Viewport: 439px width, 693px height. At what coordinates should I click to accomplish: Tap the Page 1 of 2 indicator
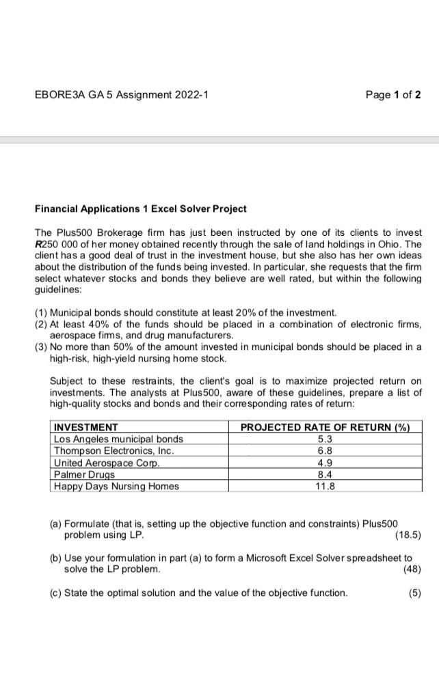(393, 95)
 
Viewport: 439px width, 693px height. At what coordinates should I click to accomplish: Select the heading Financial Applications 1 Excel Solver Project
(141, 208)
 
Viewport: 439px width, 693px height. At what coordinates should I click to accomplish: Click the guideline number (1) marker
(41, 312)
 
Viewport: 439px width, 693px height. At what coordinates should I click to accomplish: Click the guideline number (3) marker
(41, 346)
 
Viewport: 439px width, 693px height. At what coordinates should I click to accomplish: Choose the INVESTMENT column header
(85, 427)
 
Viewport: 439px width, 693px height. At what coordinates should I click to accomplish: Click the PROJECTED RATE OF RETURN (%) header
(325, 427)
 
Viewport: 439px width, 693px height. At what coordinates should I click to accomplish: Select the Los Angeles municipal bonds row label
(118, 439)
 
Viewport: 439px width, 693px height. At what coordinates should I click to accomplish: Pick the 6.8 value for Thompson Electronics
(325, 450)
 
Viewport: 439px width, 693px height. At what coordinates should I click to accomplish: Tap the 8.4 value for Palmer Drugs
(325, 474)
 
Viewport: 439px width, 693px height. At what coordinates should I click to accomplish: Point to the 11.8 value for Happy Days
(325, 486)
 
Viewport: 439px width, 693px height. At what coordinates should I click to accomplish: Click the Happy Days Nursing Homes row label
(116, 486)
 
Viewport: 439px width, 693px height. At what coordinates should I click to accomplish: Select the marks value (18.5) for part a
(408, 534)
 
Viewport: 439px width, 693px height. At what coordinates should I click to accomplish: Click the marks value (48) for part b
(412, 569)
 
